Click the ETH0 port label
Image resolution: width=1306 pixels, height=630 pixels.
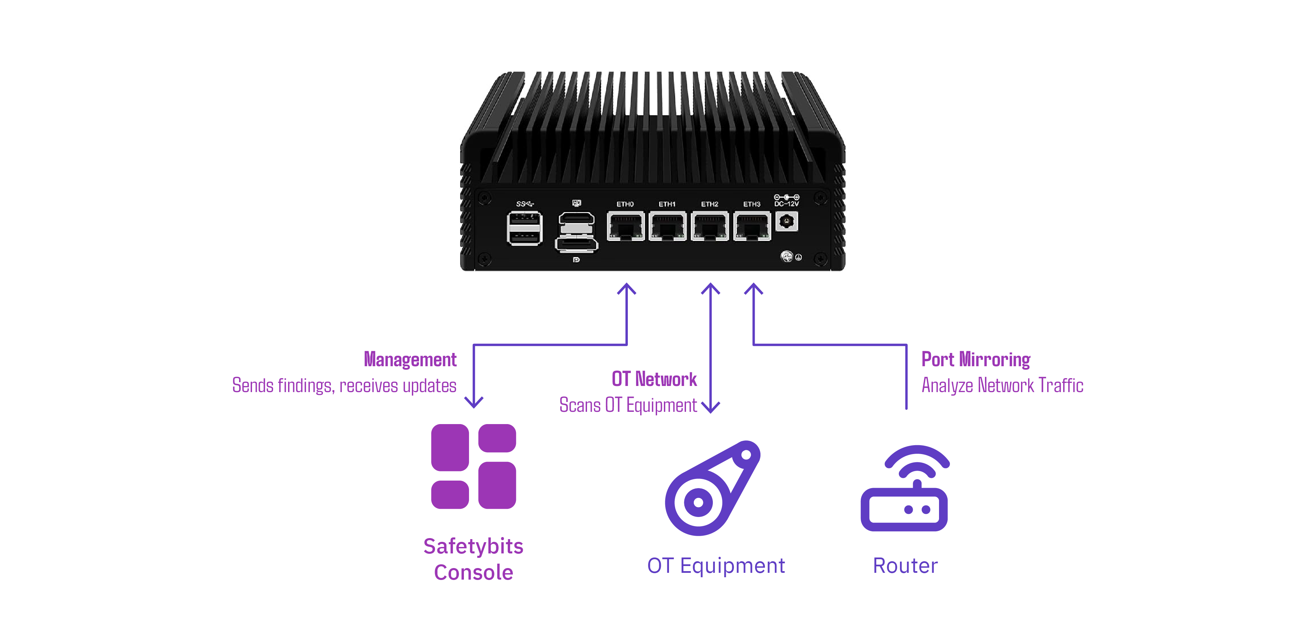(x=625, y=204)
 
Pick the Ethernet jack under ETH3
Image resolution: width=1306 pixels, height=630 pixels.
(x=752, y=226)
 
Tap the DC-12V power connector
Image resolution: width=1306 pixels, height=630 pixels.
(x=786, y=222)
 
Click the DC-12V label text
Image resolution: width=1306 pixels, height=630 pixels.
(x=786, y=204)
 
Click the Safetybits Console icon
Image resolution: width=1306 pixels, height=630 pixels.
(x=473, y=466)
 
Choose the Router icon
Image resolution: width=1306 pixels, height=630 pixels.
(x=904, y=488)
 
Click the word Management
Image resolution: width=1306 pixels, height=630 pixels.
(x=410, y=360)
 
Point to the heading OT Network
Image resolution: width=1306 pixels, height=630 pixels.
(x=654, y=379)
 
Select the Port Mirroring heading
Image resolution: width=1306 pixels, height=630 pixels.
(x=975, y=360)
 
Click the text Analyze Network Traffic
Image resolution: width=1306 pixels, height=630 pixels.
(x=1002, y=386)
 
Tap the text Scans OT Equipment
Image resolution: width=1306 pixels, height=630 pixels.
(x=627, y=405)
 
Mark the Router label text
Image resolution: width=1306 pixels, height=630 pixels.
(x=905, y=566)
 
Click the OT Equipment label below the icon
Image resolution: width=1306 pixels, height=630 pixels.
(x=716, y=566)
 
